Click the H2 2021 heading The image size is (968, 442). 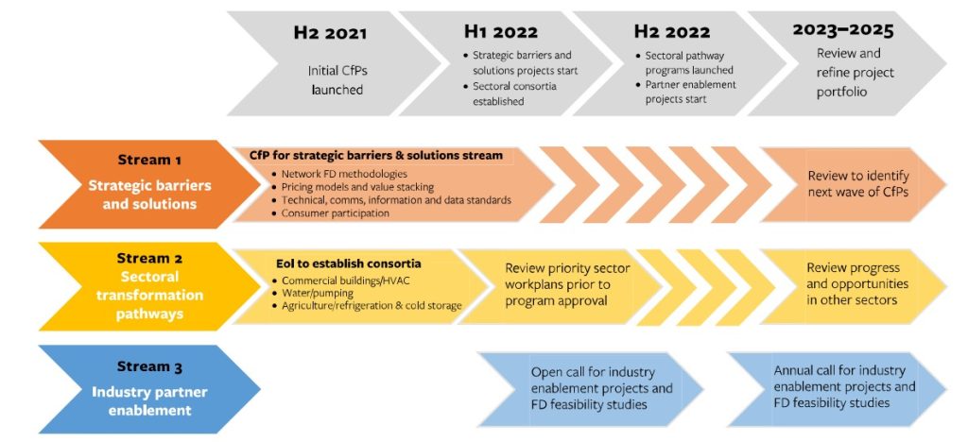point(330,33)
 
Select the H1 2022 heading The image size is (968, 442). point(501,31)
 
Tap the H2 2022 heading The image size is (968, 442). point(672,31)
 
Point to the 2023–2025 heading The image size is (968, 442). point(843,29)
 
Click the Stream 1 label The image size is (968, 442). point(149,161)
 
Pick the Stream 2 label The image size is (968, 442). point(149,258)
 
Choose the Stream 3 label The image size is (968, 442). point(149,367)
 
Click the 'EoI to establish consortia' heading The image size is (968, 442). point(348,263)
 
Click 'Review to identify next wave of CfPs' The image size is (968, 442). point(858,184)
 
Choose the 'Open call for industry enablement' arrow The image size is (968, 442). point(590,389)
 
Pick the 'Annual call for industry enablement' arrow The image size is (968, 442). point(838,389)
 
